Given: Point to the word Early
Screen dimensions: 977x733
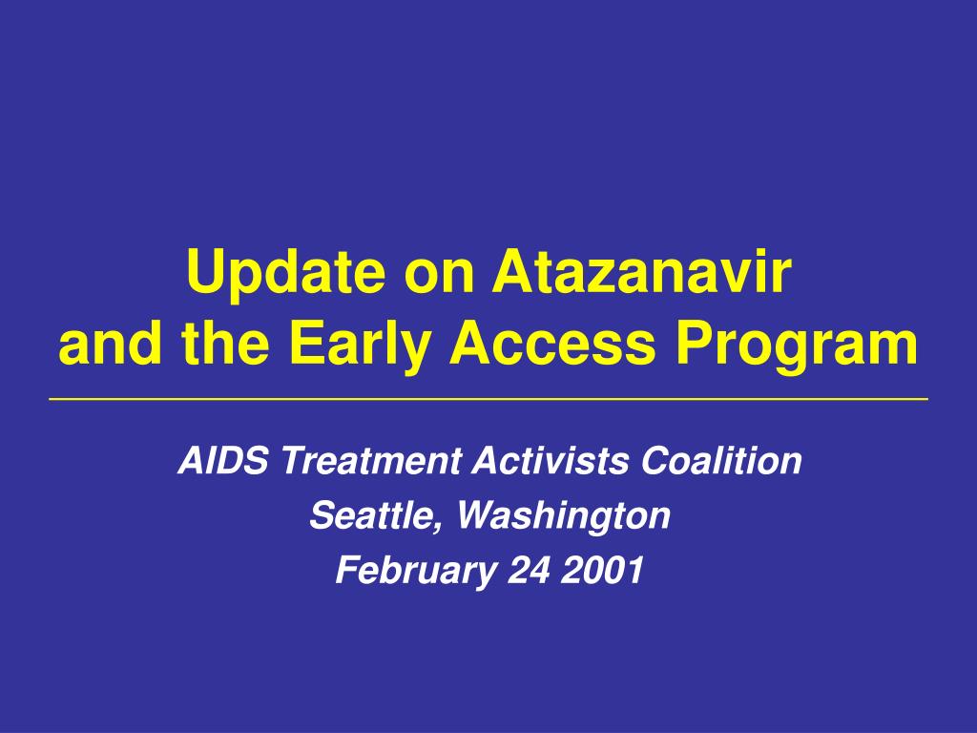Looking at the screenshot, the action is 360,345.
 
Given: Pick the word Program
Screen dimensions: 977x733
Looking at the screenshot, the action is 797,345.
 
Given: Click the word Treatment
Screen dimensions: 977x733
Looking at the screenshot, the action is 371,460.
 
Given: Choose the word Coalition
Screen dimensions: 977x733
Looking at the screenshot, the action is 721,460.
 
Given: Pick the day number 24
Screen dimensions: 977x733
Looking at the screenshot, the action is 529,570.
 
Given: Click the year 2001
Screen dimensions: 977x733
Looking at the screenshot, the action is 602,570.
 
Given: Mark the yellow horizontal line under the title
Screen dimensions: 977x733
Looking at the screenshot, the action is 488,398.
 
